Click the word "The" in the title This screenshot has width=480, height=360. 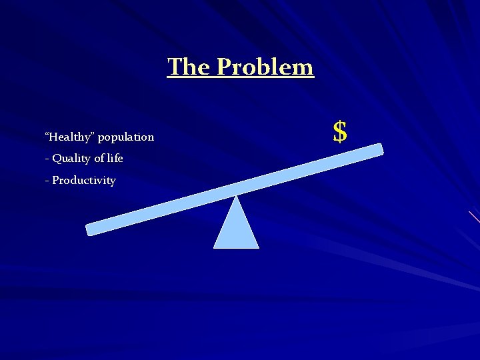[x=189, y=67]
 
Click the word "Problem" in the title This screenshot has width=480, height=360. [x=265, y=67]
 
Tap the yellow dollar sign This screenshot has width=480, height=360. [x=340, y=132]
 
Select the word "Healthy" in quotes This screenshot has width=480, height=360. [x=69, y=137]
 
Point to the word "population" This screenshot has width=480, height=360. [x=126, y=137]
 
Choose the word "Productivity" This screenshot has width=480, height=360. [x=84, y=181]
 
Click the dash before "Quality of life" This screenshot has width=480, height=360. [x=47, y=159]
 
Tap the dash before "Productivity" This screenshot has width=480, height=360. [x=47, y=181]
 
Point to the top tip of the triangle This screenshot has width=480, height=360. [x=236, y=196]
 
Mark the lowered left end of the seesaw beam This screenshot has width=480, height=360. [x=91, y=229]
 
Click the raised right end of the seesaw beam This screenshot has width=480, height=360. [x=378, y=149]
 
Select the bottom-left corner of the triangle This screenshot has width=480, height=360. [x=215, y=247]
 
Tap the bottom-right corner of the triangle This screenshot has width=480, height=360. [x=258, y=247]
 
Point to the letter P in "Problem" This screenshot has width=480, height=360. [x=225, y=67]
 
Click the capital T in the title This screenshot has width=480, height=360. [x=175, y=67]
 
